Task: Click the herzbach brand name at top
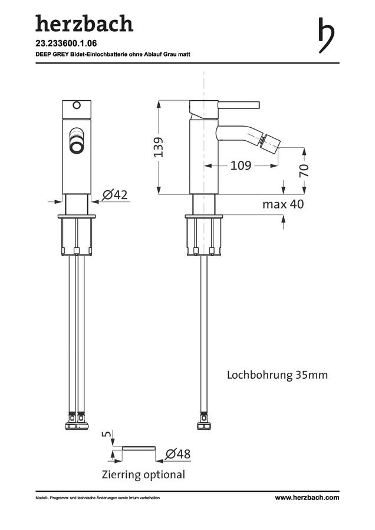(84, 24)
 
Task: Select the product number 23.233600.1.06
(66, 44)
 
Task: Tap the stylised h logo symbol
(326, 35)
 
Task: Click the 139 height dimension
(159, 147)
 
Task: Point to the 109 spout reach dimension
(241, 165)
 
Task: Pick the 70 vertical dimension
(304, 170)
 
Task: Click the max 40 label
(283, 204)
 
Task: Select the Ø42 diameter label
(115, 195)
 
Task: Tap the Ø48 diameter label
(177, 454)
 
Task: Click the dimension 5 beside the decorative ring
(106, 433)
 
